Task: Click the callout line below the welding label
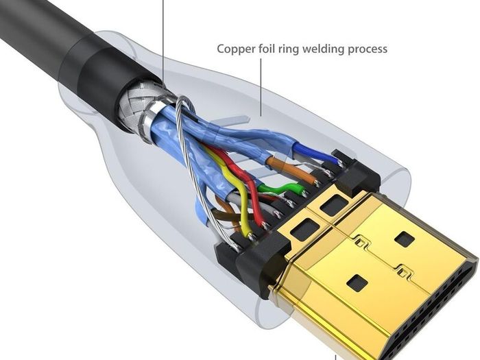[261, 88]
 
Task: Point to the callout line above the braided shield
[163, 43]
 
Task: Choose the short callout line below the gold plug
[335, 357]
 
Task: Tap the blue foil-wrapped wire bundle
[171, 129]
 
